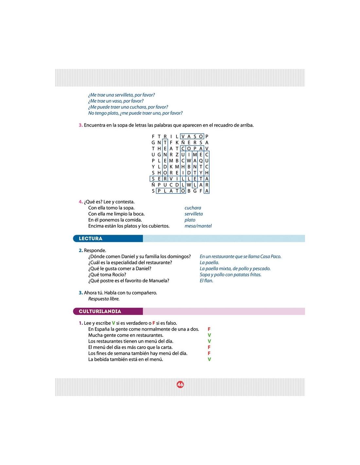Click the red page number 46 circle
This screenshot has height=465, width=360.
pyautogui.click(x=180, y=385)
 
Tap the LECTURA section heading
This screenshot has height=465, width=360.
pyautogui.click(x=91, y=239)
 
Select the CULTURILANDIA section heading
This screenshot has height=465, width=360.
pyautogui.click(x=100, y=311)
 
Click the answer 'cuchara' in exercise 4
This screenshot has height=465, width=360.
pyautogui.click(x=193, y=208)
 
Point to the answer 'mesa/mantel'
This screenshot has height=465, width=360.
pyautogui.click(x=198, y=226)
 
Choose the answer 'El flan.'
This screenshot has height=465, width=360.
pyautogui.click(x=207, y=281)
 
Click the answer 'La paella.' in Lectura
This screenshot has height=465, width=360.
pyautogui.click(x=209, y=263)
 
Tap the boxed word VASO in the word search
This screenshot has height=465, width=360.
pyautogui.click(x=192, y=136)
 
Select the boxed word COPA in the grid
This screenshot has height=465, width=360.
pyautogui.click(x=192, y=148)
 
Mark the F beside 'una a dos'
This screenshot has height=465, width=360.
pyautogui.click(x=209, y=329)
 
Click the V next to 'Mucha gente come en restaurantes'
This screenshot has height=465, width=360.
pyautogui.click(x=209, y=335)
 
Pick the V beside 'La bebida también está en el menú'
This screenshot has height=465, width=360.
pyautogui.click(x=209, y=359)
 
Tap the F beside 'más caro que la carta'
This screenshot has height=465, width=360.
pyautogui.click(x=209, y=347)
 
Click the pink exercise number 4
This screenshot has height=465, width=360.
pyautogui.click(x=81, y=202)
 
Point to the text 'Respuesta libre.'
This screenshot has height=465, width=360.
pyautogui.click(x=104, y=299)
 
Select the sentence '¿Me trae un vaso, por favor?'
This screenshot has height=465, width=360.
pyautogui.click(x=116, y=101)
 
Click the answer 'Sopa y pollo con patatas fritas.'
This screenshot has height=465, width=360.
pyautogui.click(x=230, y=275)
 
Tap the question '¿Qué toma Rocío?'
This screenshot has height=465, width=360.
pyautogui.click(x=107, y=275)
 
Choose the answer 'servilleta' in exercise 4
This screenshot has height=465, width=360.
pyautogui.click(x=194, y=214)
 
